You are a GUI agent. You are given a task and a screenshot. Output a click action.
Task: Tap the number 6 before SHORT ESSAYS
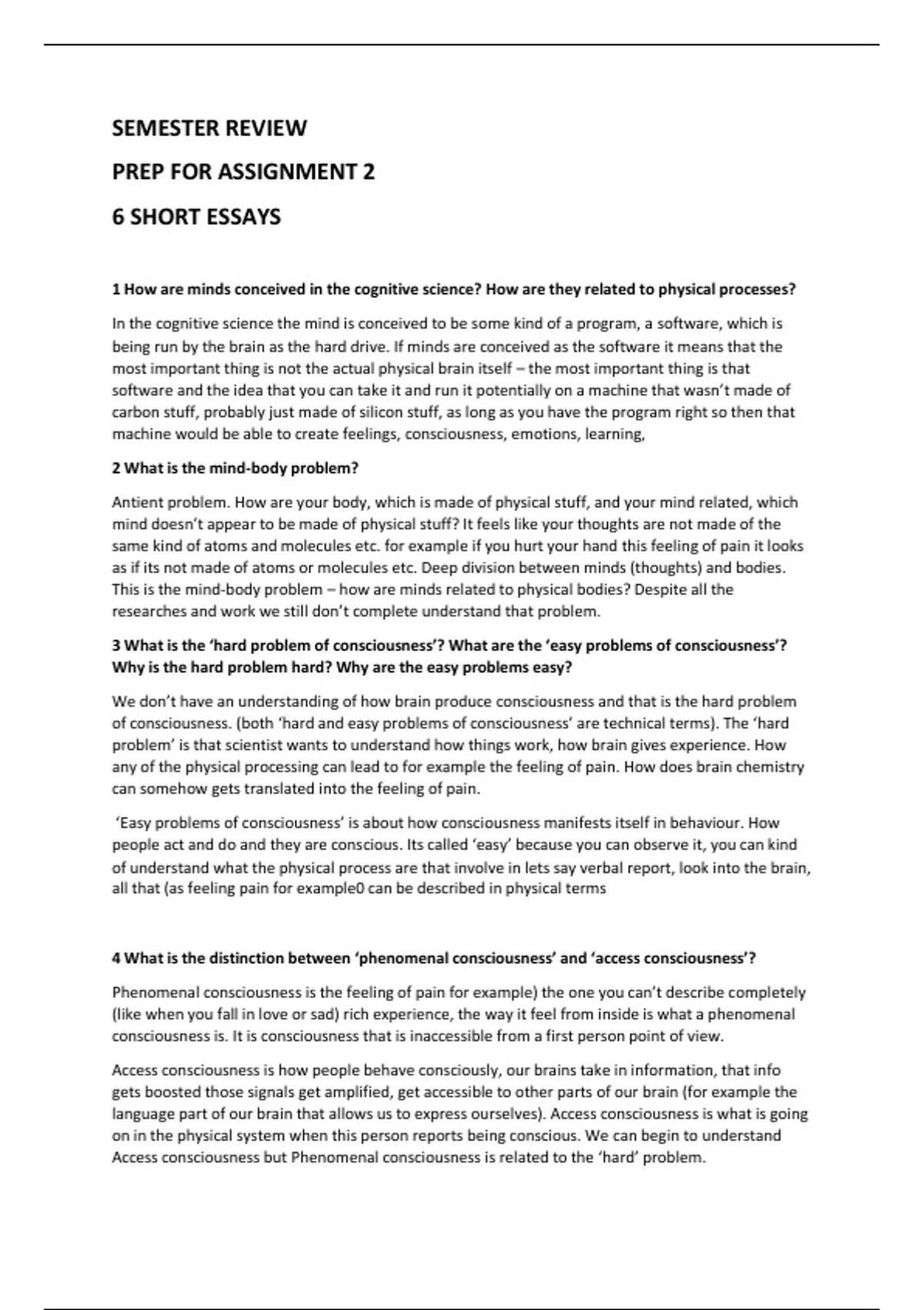(118, 217)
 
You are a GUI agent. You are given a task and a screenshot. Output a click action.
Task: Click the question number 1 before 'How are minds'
(116, 290)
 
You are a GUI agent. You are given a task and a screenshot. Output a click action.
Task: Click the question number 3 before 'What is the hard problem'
(116, 646)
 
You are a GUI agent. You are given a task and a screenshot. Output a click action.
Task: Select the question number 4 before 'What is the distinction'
(116, 959)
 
